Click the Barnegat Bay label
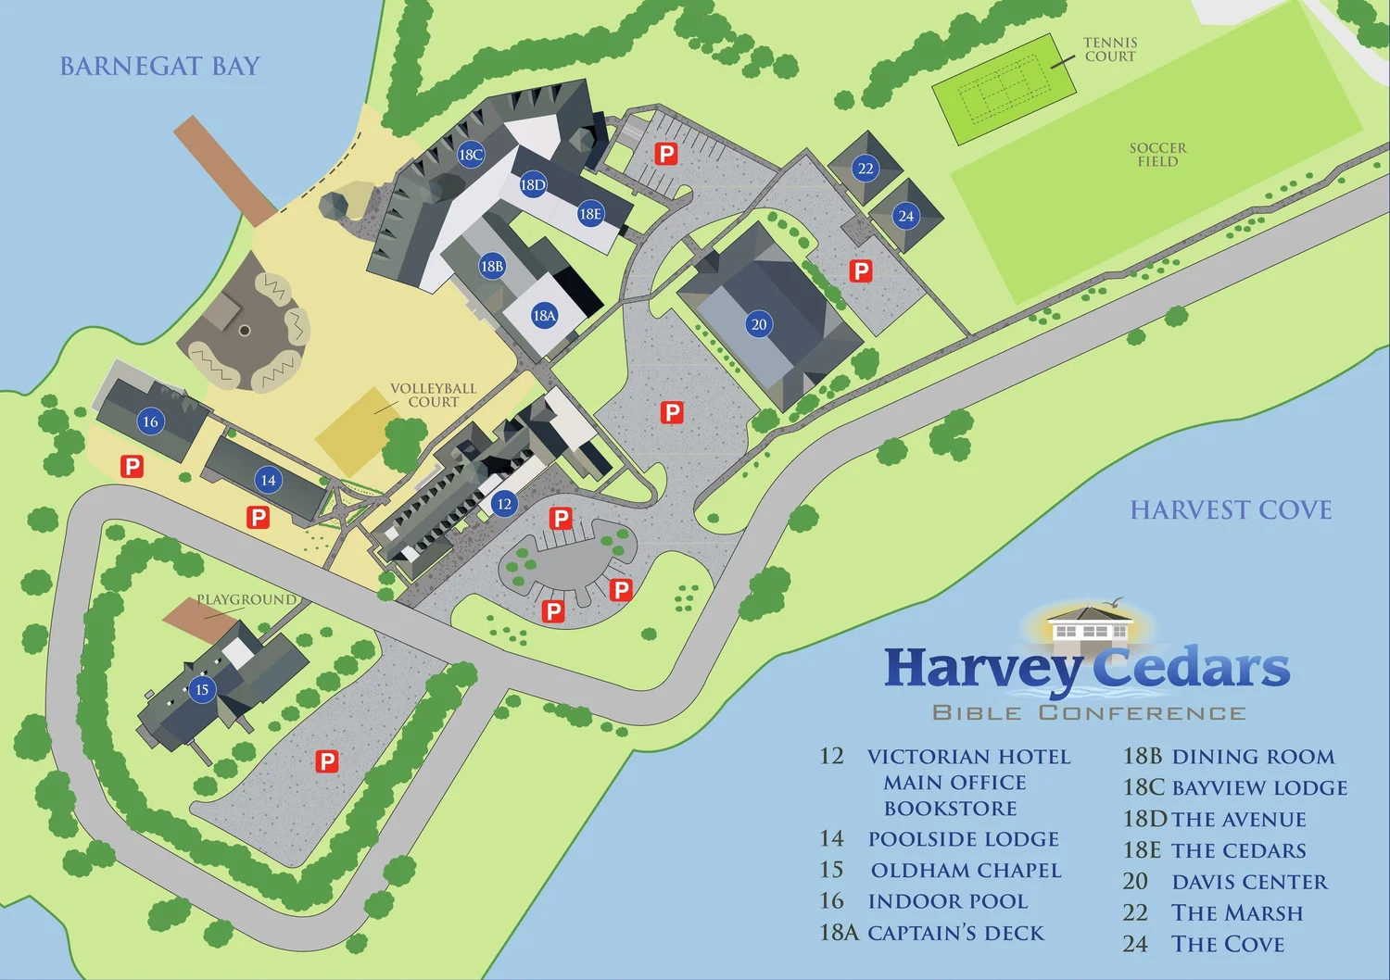pos(159,67)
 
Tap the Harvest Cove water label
pos(1231,510)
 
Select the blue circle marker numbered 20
pos(759,324)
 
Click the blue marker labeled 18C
pos(471,155)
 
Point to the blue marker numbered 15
pos(202,689)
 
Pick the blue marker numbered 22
pos(866,168)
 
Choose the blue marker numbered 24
pos(905,216)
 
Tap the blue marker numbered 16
pos(150,421)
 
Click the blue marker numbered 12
pos(503,504)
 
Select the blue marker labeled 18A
pos(544,316)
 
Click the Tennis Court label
pos(1110,49)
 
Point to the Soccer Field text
pos(1157,155)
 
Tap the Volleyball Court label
pos(433,396)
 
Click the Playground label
pos(246,599)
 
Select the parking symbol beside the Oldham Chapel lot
pos(327,761)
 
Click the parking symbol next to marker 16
pos(133,467)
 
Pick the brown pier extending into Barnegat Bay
pos(225,170)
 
